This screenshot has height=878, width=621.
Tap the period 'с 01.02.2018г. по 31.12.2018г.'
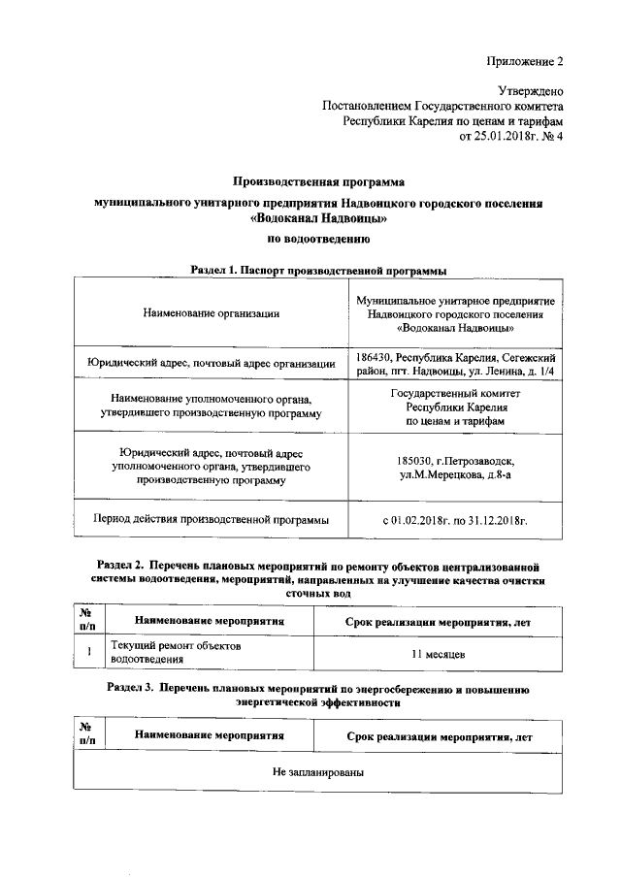pos(455,521)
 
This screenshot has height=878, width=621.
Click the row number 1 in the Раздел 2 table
pos(88,652)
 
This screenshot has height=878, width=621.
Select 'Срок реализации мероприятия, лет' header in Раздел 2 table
pos(439,620)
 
